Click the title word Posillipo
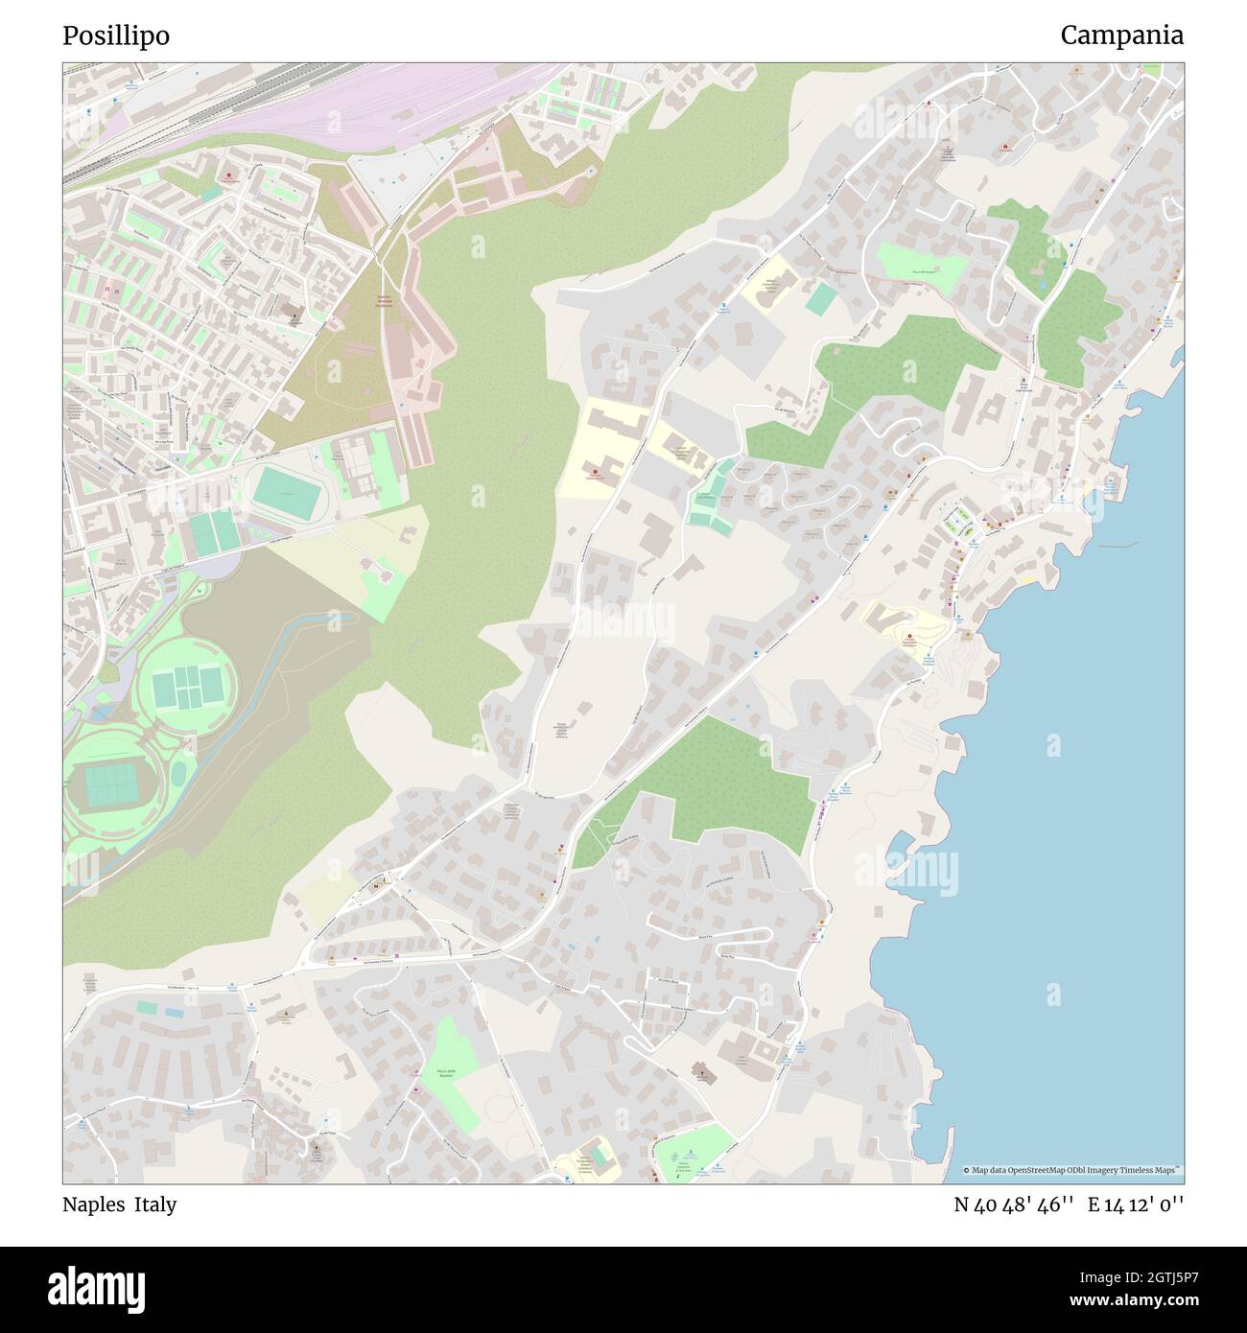click(x=116, y=35)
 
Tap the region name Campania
click(x=1121, y=35)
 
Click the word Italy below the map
click(x=155, y=1204)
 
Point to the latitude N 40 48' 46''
click(x=1012, y=1204)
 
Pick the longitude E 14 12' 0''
click(x=1136, y=1204)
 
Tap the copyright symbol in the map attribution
click(x=966, y=1170)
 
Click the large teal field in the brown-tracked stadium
click(x=117, y=783)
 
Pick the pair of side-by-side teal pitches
click(x=214, y=531)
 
